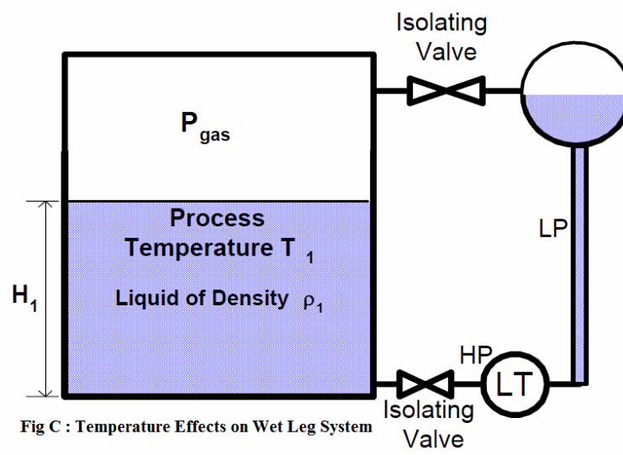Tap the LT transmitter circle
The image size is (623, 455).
[513, 384]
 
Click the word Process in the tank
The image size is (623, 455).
[217, 219]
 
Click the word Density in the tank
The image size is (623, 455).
[249, 298]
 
